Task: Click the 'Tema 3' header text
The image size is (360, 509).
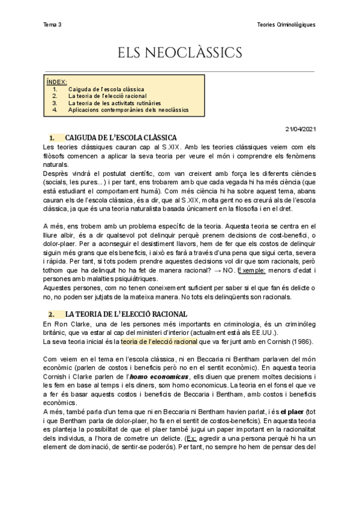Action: click(53, 25)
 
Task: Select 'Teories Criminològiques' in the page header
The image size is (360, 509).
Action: click(284, 25)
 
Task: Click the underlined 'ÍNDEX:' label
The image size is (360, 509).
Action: click(57, 82)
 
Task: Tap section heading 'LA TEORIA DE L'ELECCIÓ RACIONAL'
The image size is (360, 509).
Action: click(126, 314)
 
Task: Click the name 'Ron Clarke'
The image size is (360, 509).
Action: click(74, 324)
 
